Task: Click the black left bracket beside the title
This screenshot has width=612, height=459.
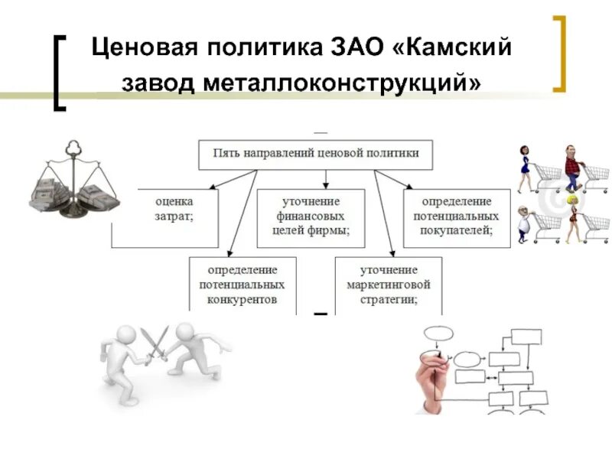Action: pos(60,72)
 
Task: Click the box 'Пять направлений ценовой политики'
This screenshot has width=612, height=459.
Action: pos(314,154)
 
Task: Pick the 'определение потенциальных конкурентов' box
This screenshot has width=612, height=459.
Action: pos(242,285)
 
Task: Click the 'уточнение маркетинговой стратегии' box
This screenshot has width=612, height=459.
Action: pos(388,285)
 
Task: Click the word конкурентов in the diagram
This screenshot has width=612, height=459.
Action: pos(242,299)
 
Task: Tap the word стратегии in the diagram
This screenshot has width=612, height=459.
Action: pos(388,299)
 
